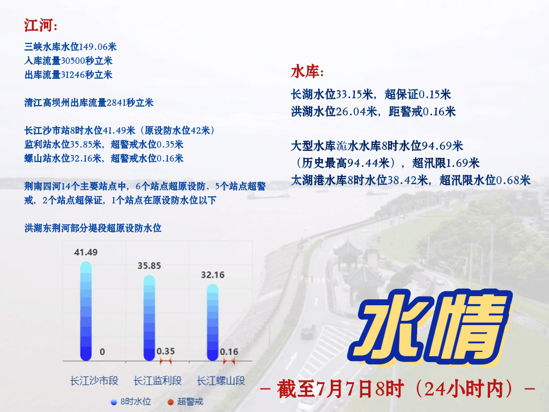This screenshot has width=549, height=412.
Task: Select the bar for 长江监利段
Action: [149, 318]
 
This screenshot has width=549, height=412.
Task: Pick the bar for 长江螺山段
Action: [212, 322]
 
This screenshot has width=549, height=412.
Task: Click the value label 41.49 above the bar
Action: [86, 252]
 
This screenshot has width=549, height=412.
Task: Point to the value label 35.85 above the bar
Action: [149, 266]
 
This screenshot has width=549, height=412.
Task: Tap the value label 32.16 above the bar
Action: [212, 275]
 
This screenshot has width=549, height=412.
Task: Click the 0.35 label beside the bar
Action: [166, 351]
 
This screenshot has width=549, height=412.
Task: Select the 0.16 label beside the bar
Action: [229, 351]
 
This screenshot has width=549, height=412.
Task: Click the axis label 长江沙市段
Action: [94, 380]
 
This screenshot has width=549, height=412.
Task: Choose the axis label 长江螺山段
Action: [221, 380]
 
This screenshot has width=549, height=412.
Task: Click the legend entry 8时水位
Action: [131, 401]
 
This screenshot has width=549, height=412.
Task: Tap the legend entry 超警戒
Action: [185, 401]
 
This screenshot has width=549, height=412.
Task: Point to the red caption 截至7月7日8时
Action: [340, 388]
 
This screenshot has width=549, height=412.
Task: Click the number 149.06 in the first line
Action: [93, 47]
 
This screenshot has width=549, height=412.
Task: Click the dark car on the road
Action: [308, 331]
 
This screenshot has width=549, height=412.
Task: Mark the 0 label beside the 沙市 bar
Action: [102, 351]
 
